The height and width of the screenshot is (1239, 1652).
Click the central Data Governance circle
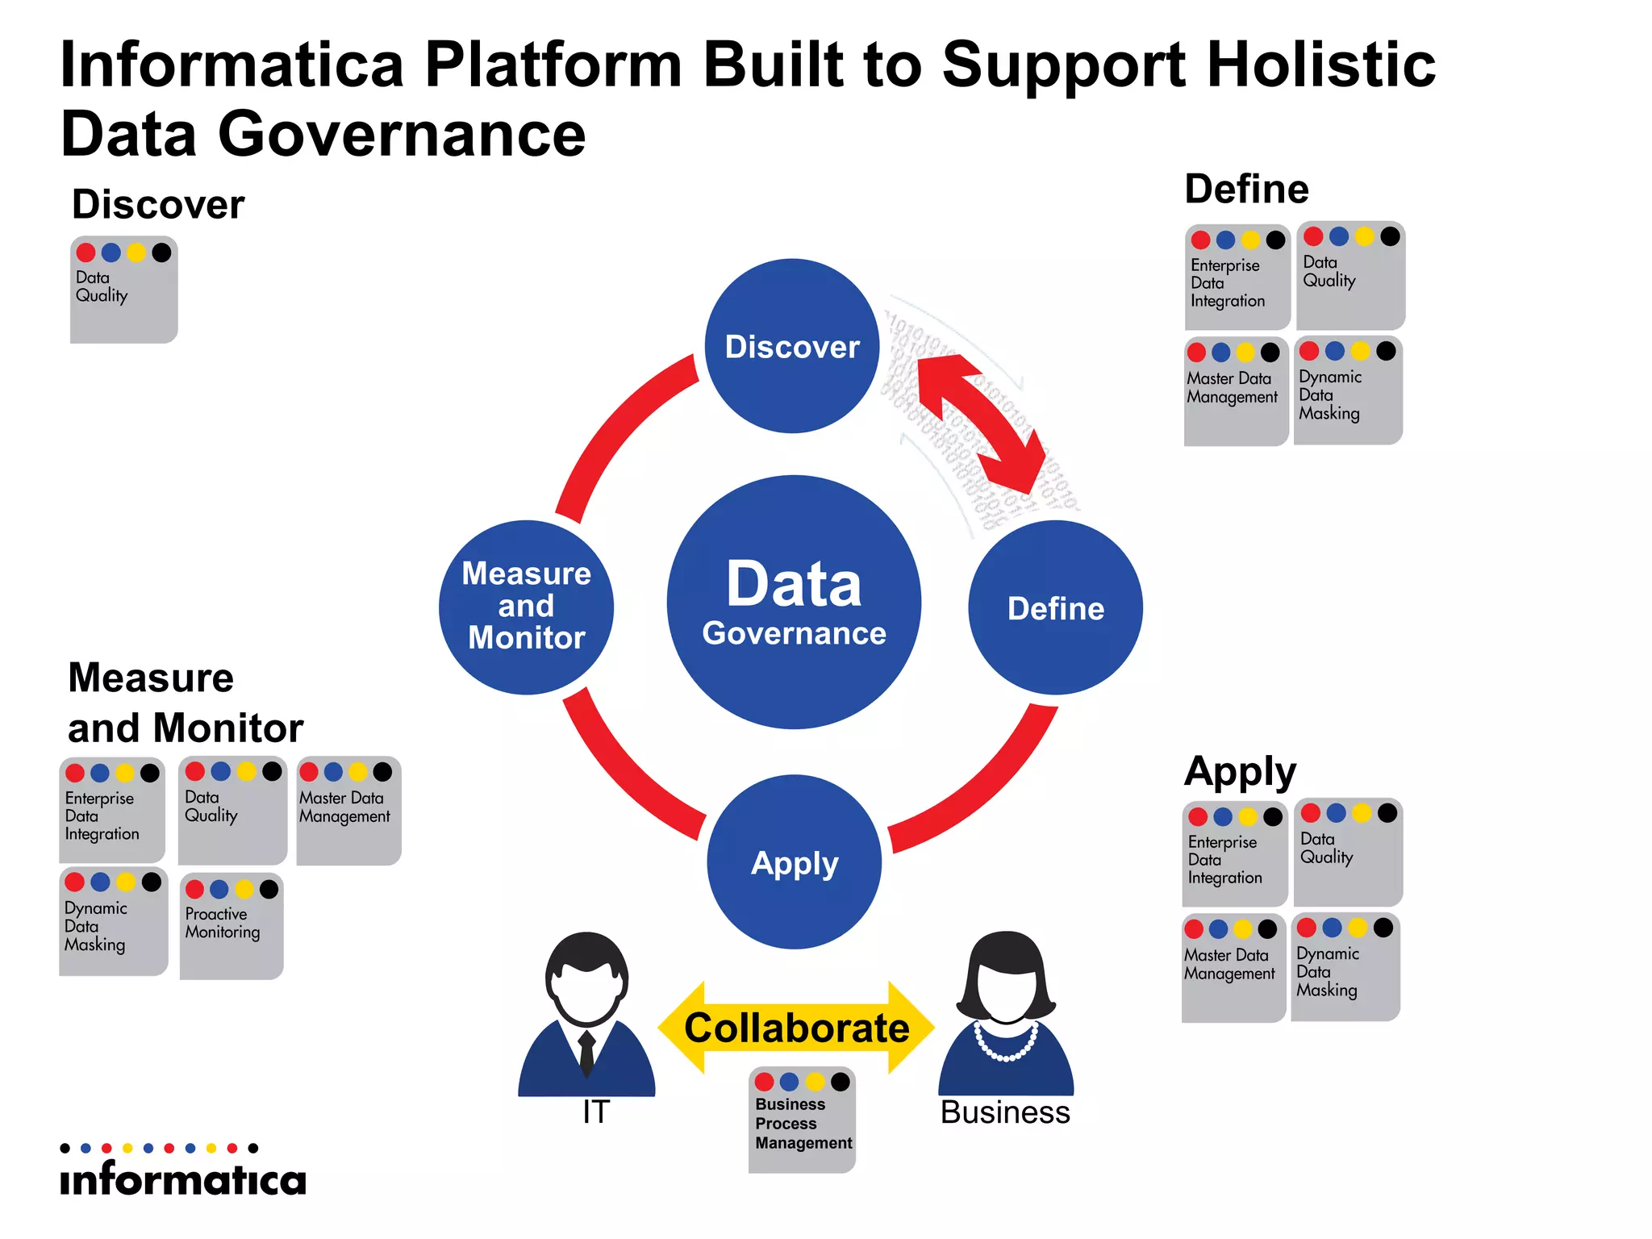tap(794, 602)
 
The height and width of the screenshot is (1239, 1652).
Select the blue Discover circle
tap(792, 346)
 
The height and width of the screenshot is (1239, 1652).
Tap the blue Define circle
tap(1055, 607)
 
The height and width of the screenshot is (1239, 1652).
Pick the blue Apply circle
tap(795, 861)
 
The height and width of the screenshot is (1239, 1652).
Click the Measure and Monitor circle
tap(526, 607)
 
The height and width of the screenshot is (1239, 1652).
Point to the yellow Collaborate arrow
tap(796, 1028)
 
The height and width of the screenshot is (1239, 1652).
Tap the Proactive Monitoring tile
tap(232, 926)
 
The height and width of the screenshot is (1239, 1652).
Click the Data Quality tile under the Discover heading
tap(123, 290)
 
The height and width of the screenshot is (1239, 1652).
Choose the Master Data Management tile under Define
tap(1235, 391)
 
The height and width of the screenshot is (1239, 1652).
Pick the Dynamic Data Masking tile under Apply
tap(1345, 967)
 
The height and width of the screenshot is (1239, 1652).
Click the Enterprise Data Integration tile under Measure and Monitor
tap(111, 810)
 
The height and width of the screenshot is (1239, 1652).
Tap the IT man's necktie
tap(587, 1051)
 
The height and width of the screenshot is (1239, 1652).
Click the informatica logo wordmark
tap(183, 1179)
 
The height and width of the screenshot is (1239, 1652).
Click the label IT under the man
tap(596, 1112)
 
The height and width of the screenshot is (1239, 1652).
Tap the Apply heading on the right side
tap(1240, 772)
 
